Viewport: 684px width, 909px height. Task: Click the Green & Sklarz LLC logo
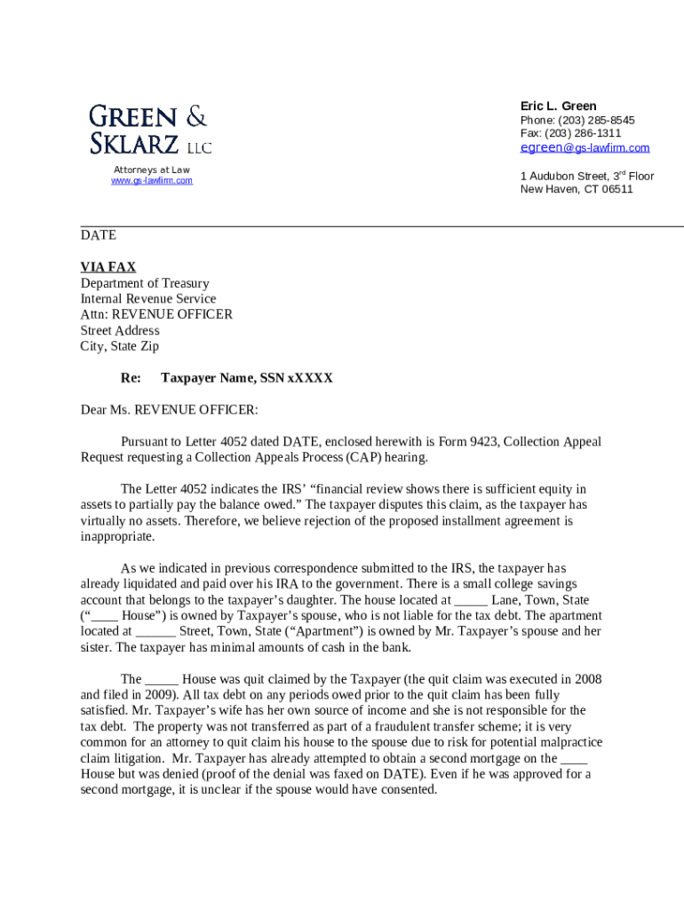coord(149,130)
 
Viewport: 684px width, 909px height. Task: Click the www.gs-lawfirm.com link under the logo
coord(151,181)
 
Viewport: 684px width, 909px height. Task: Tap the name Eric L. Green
coord(558,106)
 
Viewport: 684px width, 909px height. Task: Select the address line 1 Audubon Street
coord(569,176)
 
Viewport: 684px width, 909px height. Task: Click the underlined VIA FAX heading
coord(108,266)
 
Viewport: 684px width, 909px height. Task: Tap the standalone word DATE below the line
coord(98,235)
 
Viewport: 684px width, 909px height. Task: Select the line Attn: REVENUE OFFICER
coord(156,314)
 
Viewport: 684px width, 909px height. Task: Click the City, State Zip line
coord(120,346)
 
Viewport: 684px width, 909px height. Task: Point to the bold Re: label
coord(131,378)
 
